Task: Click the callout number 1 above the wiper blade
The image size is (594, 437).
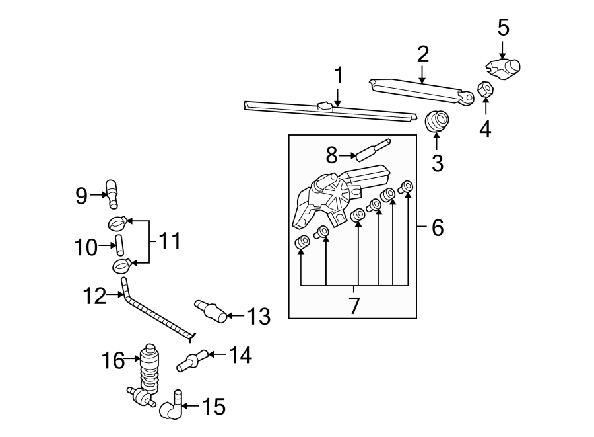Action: [339, 76]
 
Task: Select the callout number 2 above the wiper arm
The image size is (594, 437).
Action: [422, 54]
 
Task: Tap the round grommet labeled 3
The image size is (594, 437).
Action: [436, 120]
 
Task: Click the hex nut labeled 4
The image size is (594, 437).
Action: [485, 89]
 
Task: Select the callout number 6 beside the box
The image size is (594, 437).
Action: [437, 228]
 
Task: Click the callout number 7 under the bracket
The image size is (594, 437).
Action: [354, 305]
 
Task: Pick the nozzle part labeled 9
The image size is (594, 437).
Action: [112, 193]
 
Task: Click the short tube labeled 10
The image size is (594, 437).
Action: [119, 245]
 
